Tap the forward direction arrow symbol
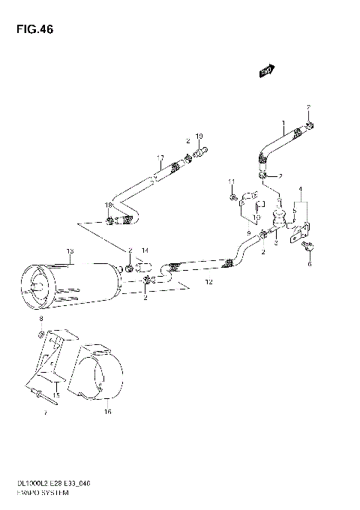(x=265, y=72)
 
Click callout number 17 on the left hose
(x=160, y=157)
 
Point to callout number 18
(x=108, y=205)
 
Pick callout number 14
(x=145, y=250)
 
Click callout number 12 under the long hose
(x=188, y=282)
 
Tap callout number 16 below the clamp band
(x=107, y=412)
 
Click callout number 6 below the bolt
(x=307, y=263)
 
